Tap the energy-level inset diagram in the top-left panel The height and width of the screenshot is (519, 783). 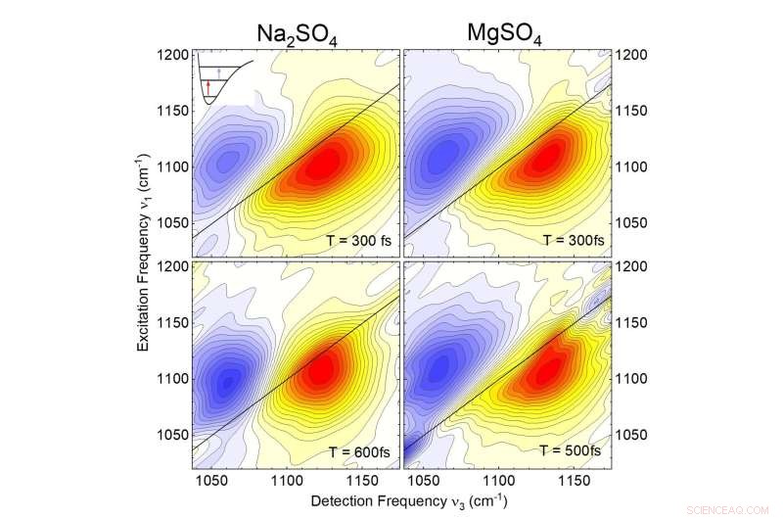(x=224, y=78)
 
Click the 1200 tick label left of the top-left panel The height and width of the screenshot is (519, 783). (x=171, y=55)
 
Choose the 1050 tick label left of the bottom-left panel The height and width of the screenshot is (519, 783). (x=171, y=434)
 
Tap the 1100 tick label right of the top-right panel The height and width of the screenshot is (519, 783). (x=627, y=167)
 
